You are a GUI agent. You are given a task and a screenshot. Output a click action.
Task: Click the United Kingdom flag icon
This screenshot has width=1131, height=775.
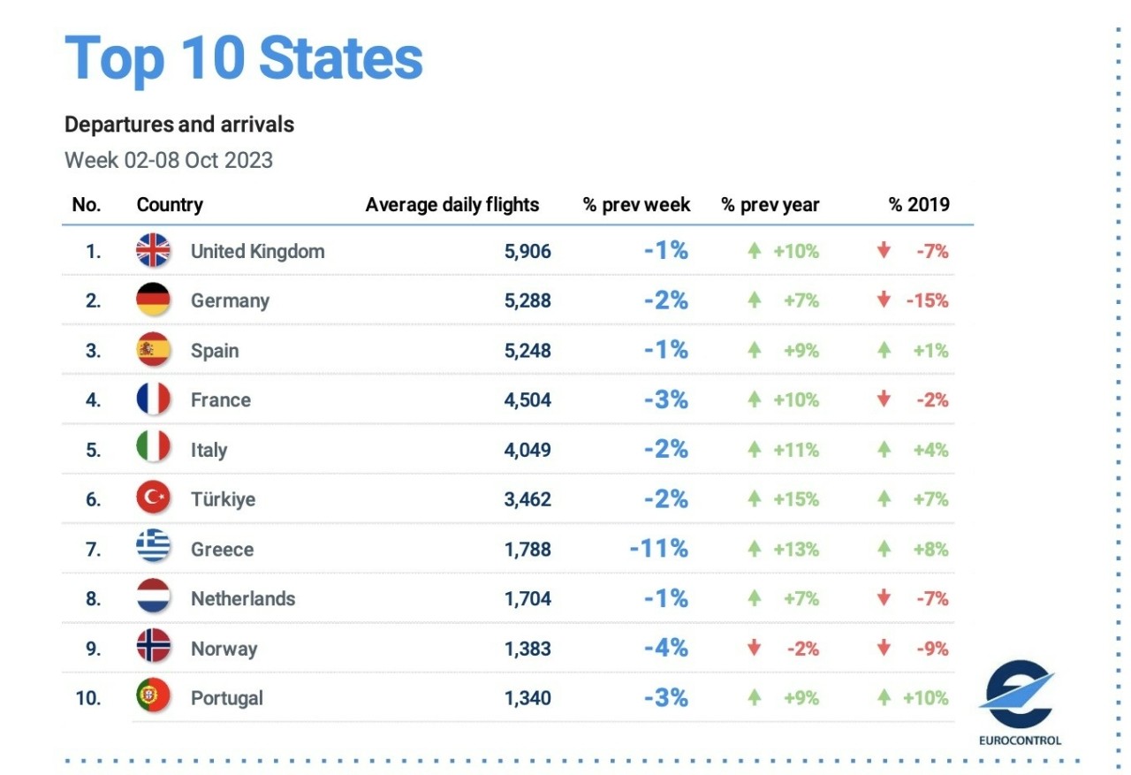[x=153, y=251]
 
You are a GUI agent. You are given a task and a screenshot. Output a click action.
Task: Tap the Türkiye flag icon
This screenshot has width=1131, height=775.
[x=153, y=499]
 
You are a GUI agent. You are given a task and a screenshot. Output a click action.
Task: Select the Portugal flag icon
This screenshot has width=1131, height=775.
[x=153, y=697]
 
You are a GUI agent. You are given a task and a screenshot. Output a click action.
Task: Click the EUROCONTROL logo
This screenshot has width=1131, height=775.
[x=1020, y=703]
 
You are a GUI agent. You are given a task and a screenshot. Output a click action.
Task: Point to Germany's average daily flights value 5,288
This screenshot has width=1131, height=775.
[x=528, y=300]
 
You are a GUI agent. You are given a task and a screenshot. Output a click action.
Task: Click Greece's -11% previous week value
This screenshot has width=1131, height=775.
[x=658, y=549]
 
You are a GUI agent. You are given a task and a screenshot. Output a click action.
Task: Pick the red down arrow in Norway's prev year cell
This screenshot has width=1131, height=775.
[x=754, y=648]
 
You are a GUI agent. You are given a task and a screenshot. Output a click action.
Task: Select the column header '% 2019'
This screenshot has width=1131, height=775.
[x=919, y=205]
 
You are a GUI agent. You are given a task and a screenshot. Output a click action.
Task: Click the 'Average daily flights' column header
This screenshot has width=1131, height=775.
[x=452, y=205]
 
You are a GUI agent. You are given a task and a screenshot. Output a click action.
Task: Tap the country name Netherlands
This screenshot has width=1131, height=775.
[x=243, y=598]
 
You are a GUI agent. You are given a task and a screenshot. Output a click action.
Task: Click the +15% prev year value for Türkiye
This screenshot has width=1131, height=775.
[x=796, y=499]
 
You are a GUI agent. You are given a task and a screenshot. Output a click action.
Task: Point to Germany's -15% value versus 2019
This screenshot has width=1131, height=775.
[x=927, y=300]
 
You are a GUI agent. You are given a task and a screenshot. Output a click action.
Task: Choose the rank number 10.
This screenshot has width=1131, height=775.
[x=87, y=697]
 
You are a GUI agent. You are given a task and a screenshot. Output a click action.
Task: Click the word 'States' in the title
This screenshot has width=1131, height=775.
[x=341, y=59]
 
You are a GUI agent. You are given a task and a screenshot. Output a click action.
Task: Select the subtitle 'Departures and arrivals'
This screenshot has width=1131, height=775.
[x=179, y=125]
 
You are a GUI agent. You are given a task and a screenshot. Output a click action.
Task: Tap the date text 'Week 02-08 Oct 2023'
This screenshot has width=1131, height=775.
[x=169, y=160]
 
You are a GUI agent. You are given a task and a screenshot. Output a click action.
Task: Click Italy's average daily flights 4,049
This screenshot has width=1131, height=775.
[x=528, y=450]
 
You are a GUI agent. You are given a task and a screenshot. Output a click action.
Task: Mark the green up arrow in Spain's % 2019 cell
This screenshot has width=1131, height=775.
[x=884, y=350]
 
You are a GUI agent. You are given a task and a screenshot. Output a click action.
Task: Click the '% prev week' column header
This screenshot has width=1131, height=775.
[x=636, y=205]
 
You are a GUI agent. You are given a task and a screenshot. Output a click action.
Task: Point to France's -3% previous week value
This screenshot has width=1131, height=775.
[x=665, y=399]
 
